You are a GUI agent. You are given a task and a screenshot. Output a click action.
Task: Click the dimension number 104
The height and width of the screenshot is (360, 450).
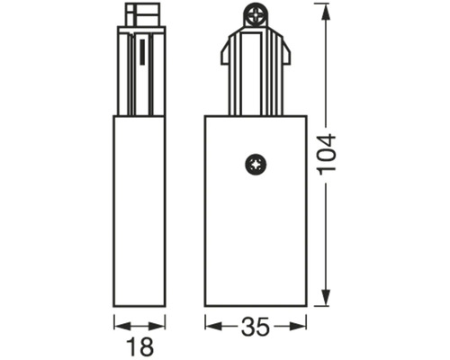(327, 155)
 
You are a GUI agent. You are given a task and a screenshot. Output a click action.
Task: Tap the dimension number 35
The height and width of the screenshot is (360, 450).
(256, 327)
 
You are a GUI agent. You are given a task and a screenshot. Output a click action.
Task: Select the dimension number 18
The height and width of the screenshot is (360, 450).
(139, 346)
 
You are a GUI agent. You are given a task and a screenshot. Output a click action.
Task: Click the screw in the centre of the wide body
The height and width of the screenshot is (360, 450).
(256, 165)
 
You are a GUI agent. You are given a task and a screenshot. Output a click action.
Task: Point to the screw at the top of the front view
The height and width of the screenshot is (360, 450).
(254, 14)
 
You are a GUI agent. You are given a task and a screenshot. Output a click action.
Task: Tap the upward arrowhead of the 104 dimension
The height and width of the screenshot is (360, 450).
(326, 12)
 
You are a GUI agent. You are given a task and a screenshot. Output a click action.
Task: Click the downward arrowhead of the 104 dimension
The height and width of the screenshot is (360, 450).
(326, 298)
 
